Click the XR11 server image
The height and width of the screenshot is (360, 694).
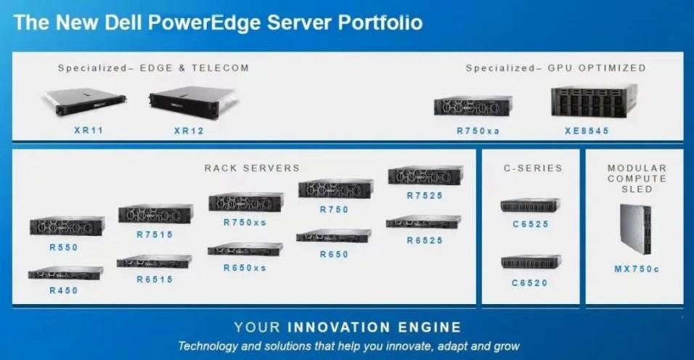coord(84,102)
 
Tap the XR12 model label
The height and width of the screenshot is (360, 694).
coord(189,131)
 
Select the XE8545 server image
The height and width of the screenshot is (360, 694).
coord(594,102)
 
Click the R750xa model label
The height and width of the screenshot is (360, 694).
coord(478,131)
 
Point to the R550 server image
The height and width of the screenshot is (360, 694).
coord(68,226)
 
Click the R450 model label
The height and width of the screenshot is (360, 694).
coord(64,290)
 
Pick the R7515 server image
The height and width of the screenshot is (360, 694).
coord(156,213)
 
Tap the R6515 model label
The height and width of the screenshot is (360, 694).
coord(155,279)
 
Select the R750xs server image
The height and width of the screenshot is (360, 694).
coord(246,202)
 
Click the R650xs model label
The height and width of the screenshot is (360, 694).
coord(245,268)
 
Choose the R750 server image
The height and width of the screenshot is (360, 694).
coord(336,189)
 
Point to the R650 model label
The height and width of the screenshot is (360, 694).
coord(334,254)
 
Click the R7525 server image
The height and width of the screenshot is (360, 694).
coord(426,175)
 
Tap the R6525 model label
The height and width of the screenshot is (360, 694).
coord(425,240)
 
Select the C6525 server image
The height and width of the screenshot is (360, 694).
coord(530,205)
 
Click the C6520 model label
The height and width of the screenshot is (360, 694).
coord(530,283)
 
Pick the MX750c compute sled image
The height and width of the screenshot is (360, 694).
coord(636,229)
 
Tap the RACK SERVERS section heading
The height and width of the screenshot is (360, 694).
coord(252,168)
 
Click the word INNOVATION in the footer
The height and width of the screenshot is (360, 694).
coord(338,327)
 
